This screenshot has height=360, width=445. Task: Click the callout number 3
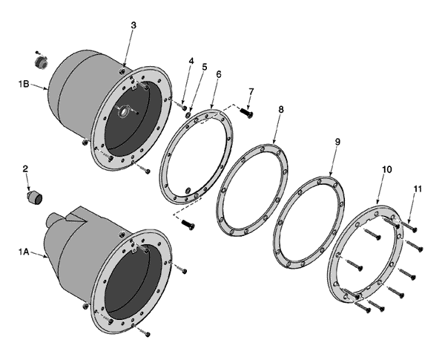pos(133,25)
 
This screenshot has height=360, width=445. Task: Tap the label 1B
pos(24,84)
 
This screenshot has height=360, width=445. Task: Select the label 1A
pos(24,252)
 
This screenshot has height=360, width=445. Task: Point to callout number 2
pos(25,168)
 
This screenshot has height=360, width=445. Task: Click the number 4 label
pos(191,61)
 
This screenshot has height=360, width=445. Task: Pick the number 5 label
pos(205,67)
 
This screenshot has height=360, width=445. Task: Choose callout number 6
pos(218,74)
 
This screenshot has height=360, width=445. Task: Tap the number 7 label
pos(251,91)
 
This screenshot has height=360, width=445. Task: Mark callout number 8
pos(280,109)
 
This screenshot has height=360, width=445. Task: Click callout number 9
pos(337,142)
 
